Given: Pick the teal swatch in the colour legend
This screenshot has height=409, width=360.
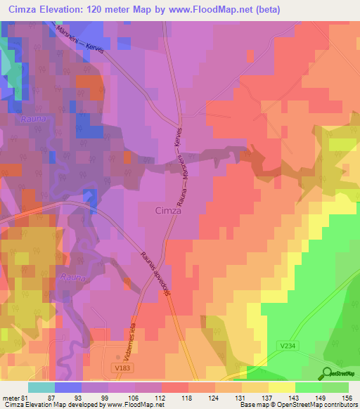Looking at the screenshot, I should click(x=41, y=388).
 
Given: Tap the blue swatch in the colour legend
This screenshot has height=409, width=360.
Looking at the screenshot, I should click(x=67, y=388).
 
